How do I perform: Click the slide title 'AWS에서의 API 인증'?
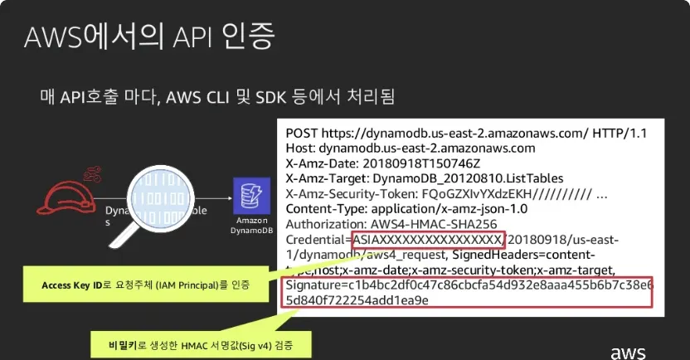tap(150, 36)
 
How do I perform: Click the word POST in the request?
tap(301, 134)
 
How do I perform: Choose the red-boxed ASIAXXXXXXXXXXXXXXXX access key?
tap(427, 240)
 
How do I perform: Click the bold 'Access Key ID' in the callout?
tap(72, 285)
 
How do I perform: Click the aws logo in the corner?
tap(629, 350)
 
